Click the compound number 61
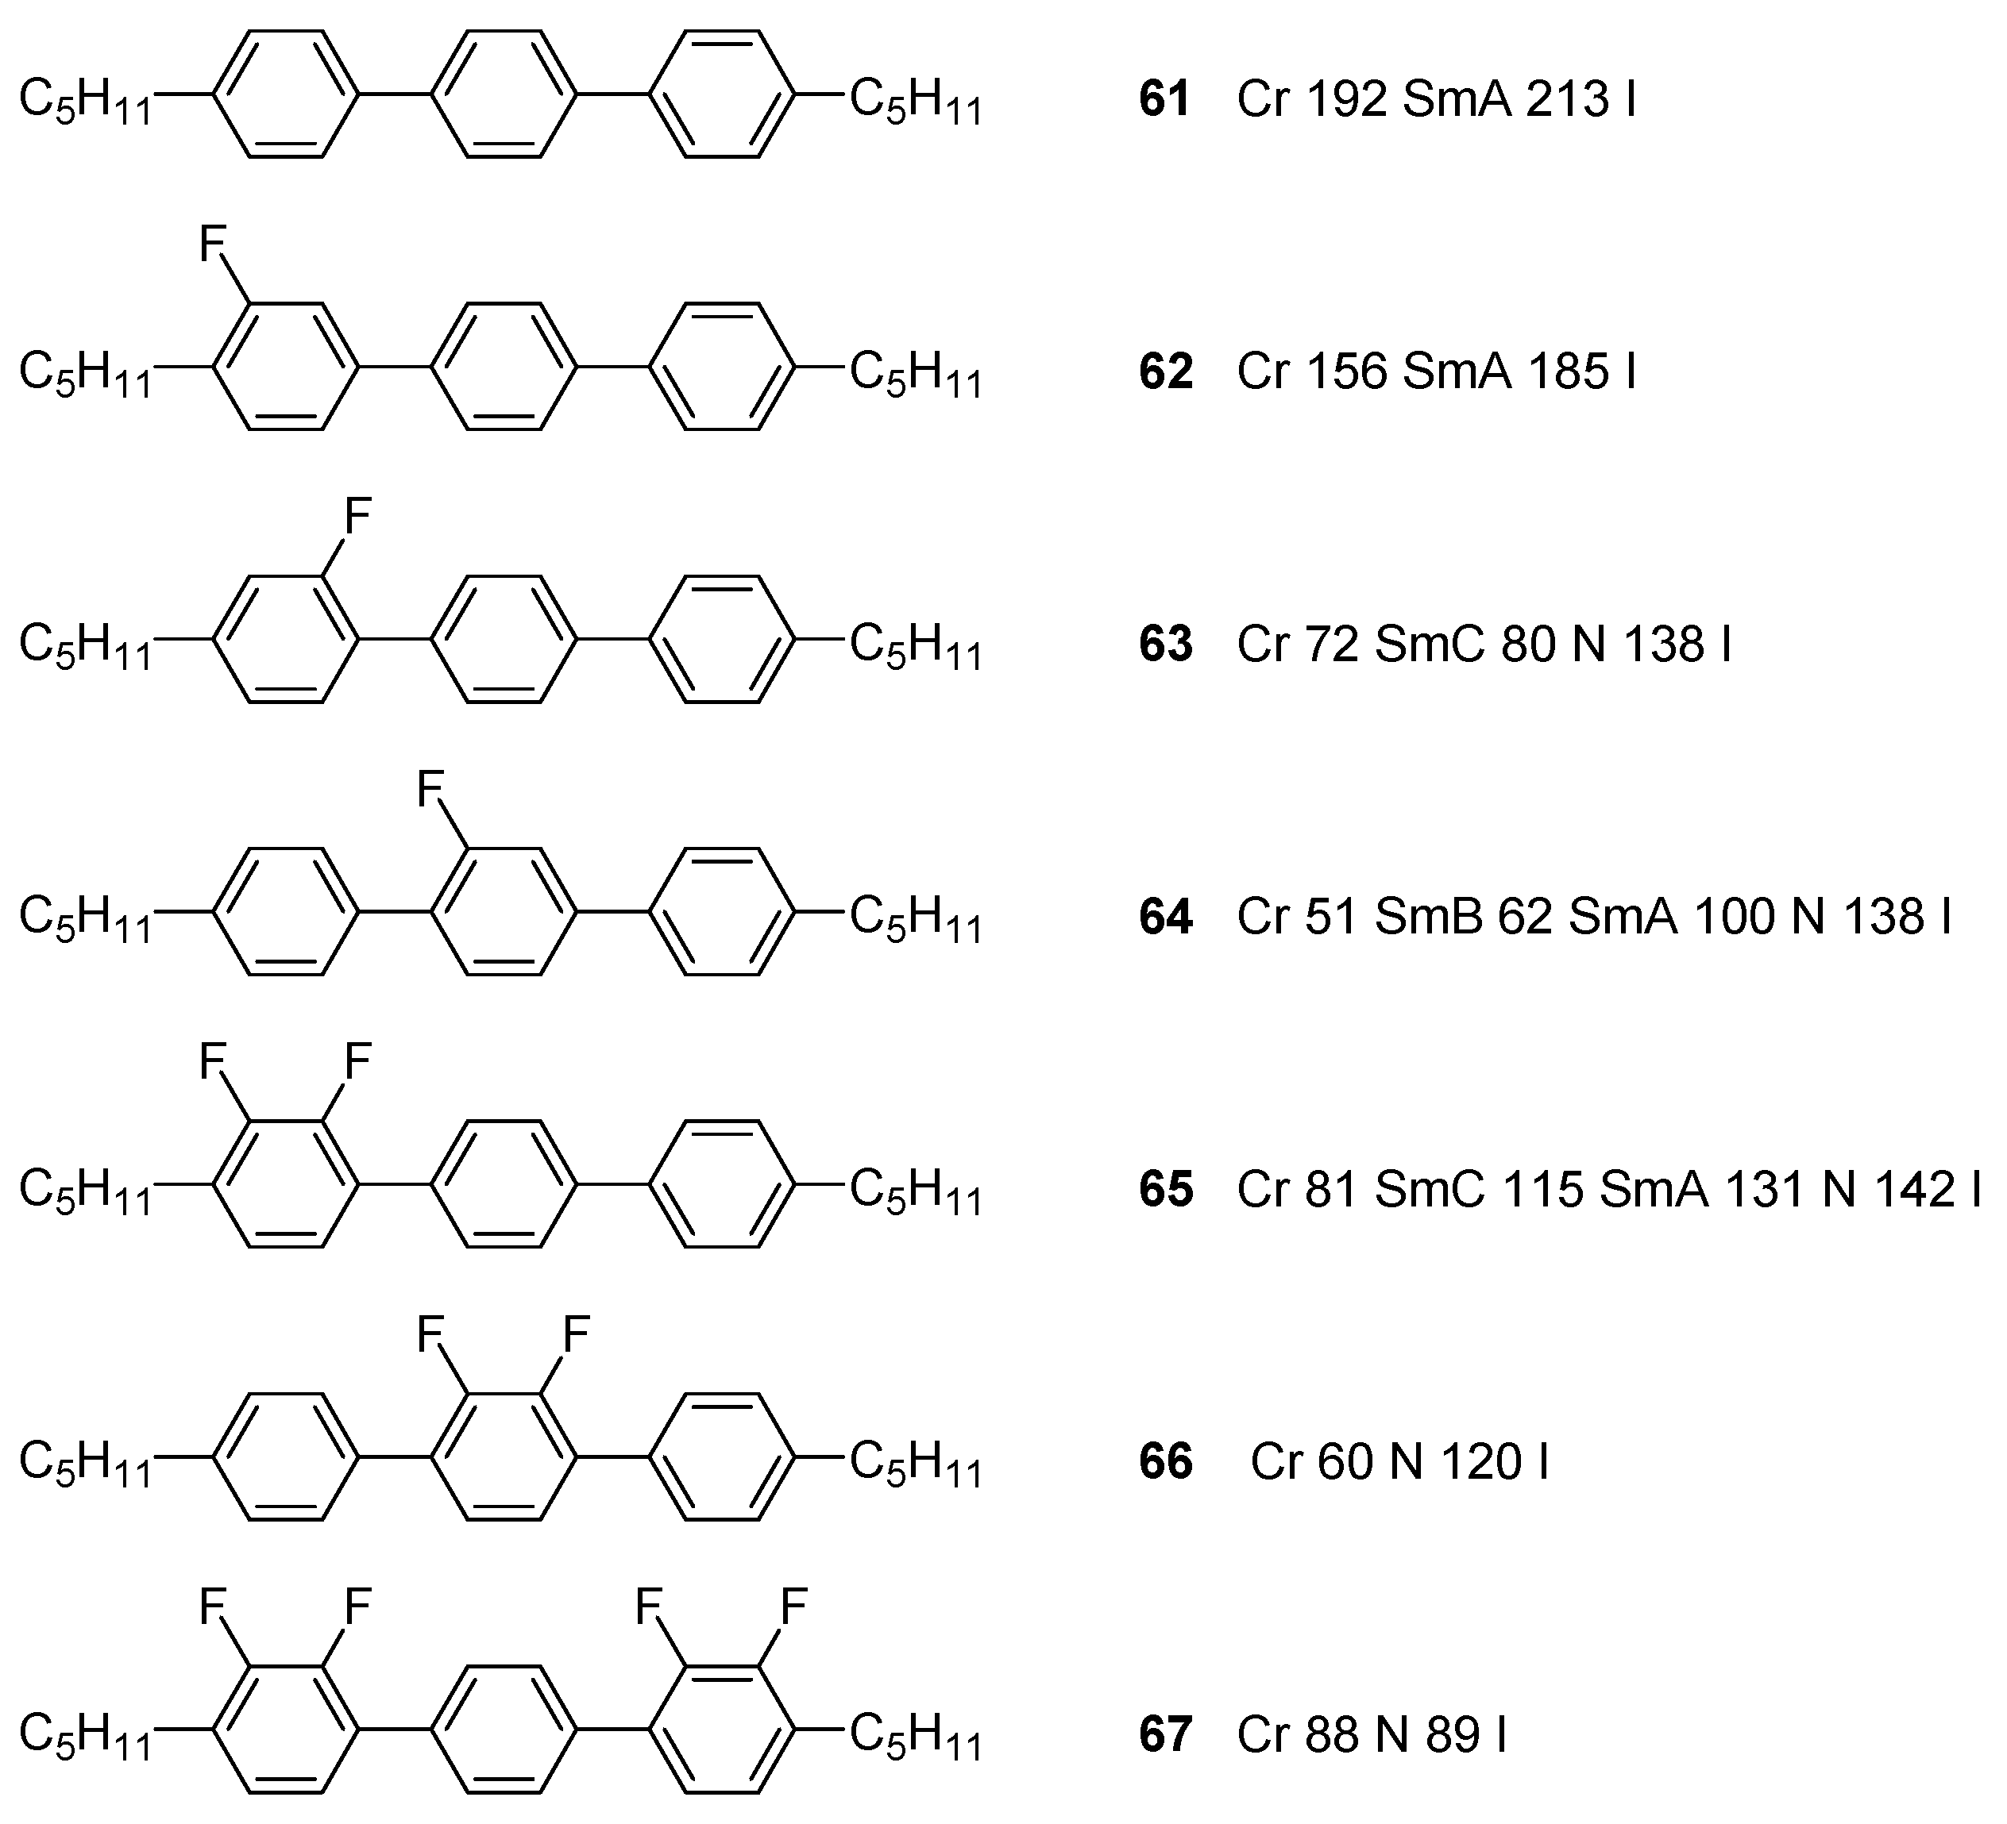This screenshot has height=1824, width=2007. (1165, 99)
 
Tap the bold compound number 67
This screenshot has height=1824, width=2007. (1165, 1734)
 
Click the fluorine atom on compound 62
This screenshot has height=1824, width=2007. (212, 244)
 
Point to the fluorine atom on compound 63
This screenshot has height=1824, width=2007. (357, 517)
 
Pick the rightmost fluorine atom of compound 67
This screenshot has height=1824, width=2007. (793, 1606)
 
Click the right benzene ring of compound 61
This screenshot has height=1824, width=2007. (722, 94)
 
